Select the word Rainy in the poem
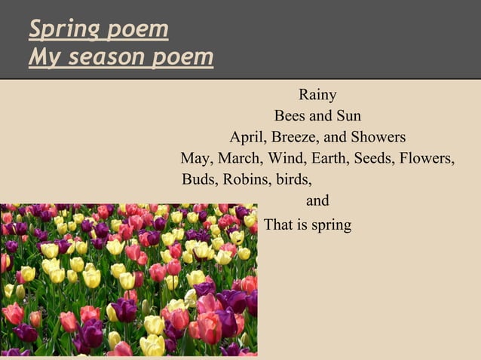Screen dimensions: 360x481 click(x=317, y=96)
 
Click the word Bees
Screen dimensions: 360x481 click(x=290, y=117)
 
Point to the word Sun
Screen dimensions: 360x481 click(x=348, y=117)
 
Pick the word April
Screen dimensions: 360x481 click(x=248, y=138)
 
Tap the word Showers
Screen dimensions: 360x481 click(x=380, y=138)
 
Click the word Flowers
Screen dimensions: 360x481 click(x=427, y=159)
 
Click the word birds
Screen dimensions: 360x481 click(x=295, y=181)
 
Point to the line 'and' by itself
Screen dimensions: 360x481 click(x=317, y=202)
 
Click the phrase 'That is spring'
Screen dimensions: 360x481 click(x=308, y=225)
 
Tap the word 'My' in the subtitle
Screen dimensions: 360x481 click(x=42, y=56)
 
